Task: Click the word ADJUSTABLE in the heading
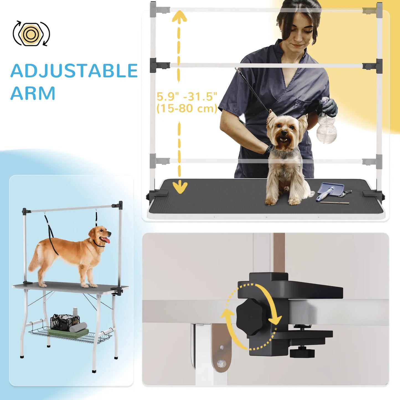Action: click(74, 71)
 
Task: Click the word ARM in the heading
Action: click(33, 93)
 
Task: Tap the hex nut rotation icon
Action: click(31, 33)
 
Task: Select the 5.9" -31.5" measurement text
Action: click(187, 97)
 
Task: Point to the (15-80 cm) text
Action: click(187, 108)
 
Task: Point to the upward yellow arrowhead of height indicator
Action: click(179, 16)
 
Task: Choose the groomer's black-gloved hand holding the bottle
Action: click(329, 107)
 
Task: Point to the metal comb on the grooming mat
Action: click(335, 202)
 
